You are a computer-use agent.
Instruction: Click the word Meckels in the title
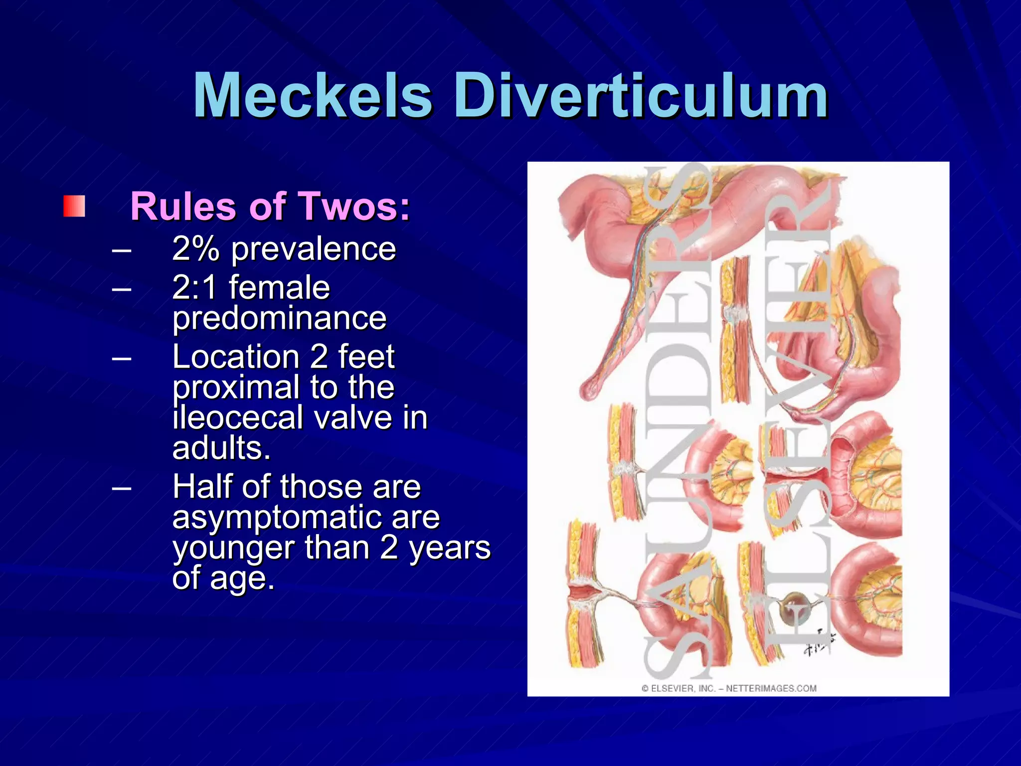(313, 95)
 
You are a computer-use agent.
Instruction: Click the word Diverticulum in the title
(641, 95)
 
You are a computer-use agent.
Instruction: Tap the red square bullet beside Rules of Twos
(74, 206)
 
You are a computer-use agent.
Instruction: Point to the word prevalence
(313, 249)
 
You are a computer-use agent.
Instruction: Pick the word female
(279, 288)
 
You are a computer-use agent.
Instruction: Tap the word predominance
(279, 318)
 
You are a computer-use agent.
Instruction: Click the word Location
(235, 357)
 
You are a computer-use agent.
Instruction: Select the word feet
(366, 357)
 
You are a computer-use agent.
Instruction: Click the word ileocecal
(237, 417)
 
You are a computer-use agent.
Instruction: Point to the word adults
(221, 448)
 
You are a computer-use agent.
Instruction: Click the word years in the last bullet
(450, 548)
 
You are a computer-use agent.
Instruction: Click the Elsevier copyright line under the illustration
(728, 688)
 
